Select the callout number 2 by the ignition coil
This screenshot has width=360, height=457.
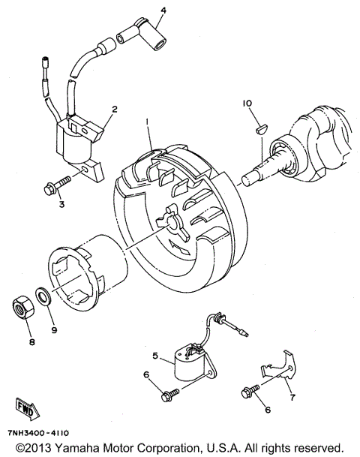pyautogui.click(x=114, y=109)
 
